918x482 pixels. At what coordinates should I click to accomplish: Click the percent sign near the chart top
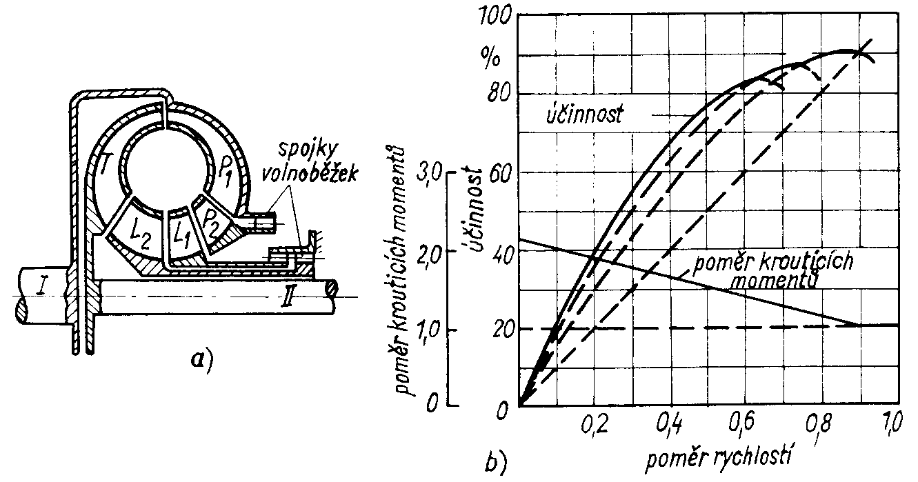click(492, 57)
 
